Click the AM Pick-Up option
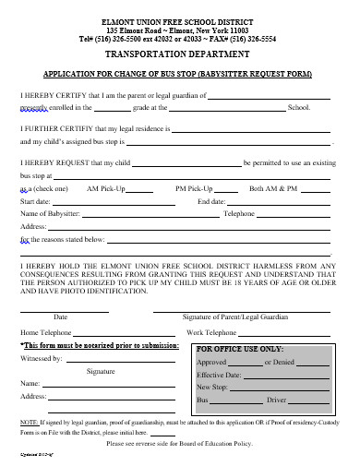(x=106, y=187)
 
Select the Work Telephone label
(x=211, y=331)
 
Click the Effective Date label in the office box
(x=219, y=376)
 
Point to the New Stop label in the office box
(x=212, y=388)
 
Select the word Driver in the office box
(x=276, y=401)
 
